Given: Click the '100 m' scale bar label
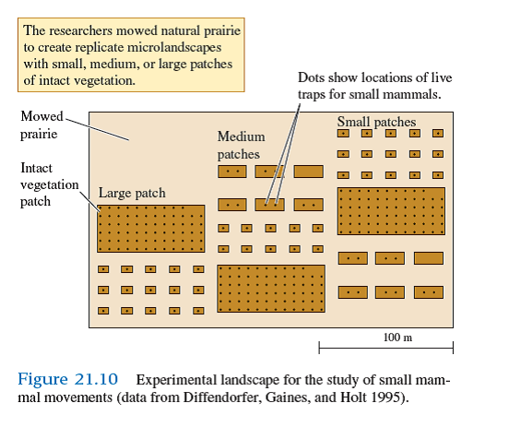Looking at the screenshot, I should pyautogui.click(x=397, y=338).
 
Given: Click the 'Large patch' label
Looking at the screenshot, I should pyautogui.click(x=132, y=193).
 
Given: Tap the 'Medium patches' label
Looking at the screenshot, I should pyautogui.click(x=241, y=146).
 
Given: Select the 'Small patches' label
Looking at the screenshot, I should pyautogui.click(x=376, y=122).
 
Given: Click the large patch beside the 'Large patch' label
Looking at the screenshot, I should pyautogui.click(x=151, y=228).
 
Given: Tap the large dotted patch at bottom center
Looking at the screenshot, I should pyautogui.click(x=271, y=289).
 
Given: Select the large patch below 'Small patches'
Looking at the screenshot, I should pyautogui.click(x=391, y=211).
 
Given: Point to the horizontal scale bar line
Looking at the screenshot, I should pyautogui.click(x=385, y=348).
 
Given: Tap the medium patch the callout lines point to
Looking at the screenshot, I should pyautogui.click(x=269, y=204).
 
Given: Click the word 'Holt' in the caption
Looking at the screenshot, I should pyautogui.click(x=357, y=398).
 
